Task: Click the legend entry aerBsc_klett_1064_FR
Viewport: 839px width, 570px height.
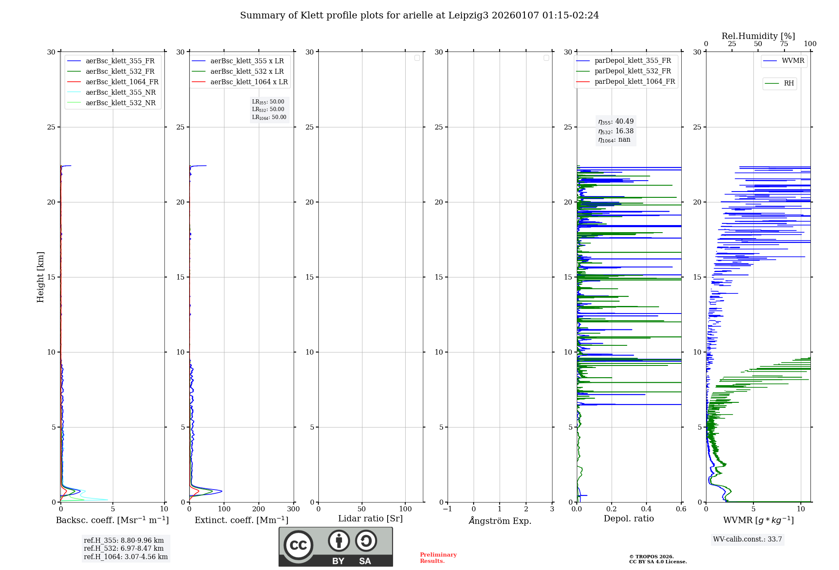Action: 122,82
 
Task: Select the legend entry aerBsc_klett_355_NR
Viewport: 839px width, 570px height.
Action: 120,93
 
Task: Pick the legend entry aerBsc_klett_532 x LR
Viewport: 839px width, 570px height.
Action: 247,72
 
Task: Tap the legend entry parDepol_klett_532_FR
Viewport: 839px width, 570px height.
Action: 632,71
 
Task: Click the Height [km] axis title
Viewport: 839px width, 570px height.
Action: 40,277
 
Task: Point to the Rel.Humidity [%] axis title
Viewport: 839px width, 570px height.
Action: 758,36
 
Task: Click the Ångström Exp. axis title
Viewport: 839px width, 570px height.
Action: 500,521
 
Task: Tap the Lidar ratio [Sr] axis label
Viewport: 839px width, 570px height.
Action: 370,519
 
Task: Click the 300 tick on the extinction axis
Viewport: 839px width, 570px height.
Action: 293,509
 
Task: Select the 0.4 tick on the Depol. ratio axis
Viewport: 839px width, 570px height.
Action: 646,509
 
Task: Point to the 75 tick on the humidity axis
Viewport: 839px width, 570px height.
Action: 784,44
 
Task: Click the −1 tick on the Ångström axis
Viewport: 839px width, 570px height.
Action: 448,509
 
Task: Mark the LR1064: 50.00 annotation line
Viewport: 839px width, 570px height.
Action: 269,117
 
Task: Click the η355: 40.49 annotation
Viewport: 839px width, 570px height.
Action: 616,122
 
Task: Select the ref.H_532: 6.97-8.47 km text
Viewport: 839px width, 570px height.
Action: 124,549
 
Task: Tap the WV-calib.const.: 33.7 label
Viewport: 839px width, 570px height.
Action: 747,539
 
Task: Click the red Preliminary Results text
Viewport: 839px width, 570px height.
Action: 438,558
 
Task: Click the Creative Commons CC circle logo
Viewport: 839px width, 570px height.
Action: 298,545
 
